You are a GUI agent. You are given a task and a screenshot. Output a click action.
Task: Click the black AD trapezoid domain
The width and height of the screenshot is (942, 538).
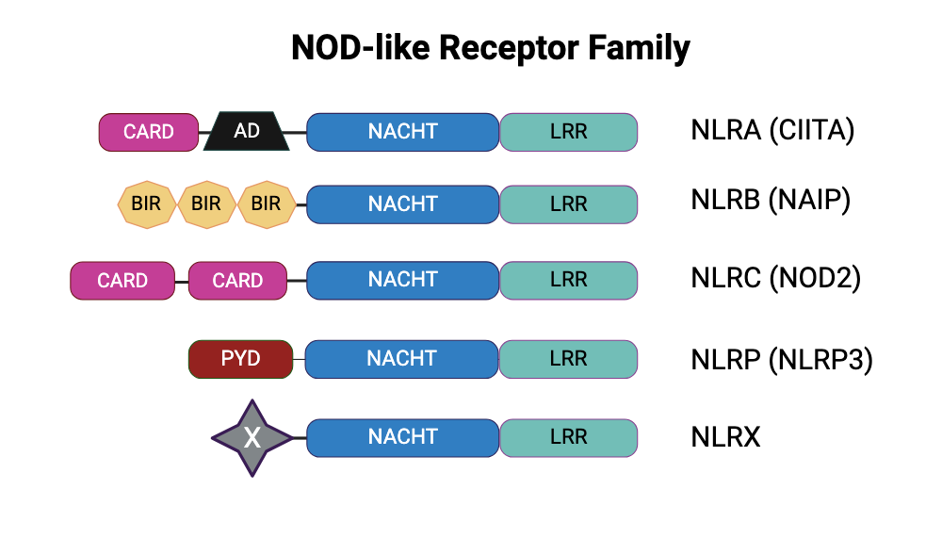tap(247, 131)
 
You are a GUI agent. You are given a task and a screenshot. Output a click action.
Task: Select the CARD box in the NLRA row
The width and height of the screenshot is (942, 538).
tap(149, 131)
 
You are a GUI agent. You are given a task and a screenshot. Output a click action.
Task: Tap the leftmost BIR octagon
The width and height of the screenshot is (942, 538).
tap(146, 204)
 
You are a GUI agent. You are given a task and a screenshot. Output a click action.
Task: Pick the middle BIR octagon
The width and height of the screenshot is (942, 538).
tap(206, 204)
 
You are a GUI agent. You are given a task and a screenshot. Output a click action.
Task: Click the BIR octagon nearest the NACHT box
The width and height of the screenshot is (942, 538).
tap(266, 204)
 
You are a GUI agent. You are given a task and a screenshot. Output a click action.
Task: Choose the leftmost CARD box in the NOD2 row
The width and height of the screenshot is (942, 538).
tap(122, 280)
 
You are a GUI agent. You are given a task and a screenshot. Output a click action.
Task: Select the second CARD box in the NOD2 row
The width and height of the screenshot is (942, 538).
tap(237, 280)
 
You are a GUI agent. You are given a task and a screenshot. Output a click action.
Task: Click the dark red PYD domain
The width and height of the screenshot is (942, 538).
tap(240, 359)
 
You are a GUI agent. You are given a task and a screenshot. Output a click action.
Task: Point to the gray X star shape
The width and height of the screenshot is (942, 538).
tap(252, 437)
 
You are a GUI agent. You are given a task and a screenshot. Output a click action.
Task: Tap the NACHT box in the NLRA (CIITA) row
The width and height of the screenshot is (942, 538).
tap(402, 131)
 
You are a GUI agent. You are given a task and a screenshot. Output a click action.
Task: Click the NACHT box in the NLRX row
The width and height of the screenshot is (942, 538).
tap(402, 437)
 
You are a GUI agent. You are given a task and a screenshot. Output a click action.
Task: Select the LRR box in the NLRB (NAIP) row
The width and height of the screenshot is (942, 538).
tap(568, 204)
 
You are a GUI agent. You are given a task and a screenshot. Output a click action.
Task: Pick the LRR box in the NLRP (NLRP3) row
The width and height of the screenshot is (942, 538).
tap(568, 359)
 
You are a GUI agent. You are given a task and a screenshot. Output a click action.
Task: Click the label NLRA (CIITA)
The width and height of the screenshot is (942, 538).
tap(772, 130)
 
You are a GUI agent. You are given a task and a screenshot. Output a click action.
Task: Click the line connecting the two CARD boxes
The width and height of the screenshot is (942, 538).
tap(182, 281)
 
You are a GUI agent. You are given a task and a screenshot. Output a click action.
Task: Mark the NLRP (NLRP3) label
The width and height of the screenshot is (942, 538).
tap(782, 359)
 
